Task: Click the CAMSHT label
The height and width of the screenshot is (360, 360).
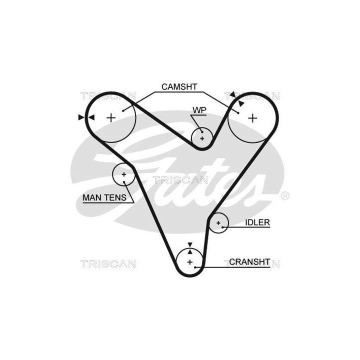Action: click(x=179, y=87)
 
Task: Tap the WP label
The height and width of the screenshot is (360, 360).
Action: click(x=199, y=110)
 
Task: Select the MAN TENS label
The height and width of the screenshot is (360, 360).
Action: click(x=104, y=197)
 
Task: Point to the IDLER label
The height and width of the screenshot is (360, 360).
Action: click(x=257, y=222)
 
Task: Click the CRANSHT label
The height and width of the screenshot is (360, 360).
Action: click(x=249, y=261)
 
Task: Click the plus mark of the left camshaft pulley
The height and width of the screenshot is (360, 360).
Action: click(x=111, y=118)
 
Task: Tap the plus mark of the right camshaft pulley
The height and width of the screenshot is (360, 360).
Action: click(x=253, y=118)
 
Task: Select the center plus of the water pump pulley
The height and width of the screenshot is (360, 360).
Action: click(x=202, y=138)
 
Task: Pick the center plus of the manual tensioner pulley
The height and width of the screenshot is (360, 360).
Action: click(x=124, y=174)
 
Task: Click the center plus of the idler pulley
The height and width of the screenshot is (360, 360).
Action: click(x=218, y=222)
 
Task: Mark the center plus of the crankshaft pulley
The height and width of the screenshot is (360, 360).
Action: click(x=190, y=262)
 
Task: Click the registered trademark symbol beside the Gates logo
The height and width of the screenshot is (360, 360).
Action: click(x=285, y=196)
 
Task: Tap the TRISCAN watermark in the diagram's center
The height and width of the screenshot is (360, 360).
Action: click(x=180, y=180)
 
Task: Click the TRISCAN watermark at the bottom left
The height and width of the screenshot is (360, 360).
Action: click(x=108, y=264)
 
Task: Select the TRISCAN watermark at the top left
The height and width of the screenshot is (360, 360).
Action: click(x=108, y=95)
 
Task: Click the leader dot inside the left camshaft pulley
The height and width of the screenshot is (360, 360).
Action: click(x=123, y=111)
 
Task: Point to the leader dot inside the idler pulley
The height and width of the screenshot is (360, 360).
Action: click(x=222, y=227)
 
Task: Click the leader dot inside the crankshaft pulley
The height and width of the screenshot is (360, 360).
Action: click(x=195, y=267)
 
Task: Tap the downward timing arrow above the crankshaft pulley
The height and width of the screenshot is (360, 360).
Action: click(x=190, y=244)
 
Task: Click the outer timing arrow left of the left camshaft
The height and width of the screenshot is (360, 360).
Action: click(x=81, y=117)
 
